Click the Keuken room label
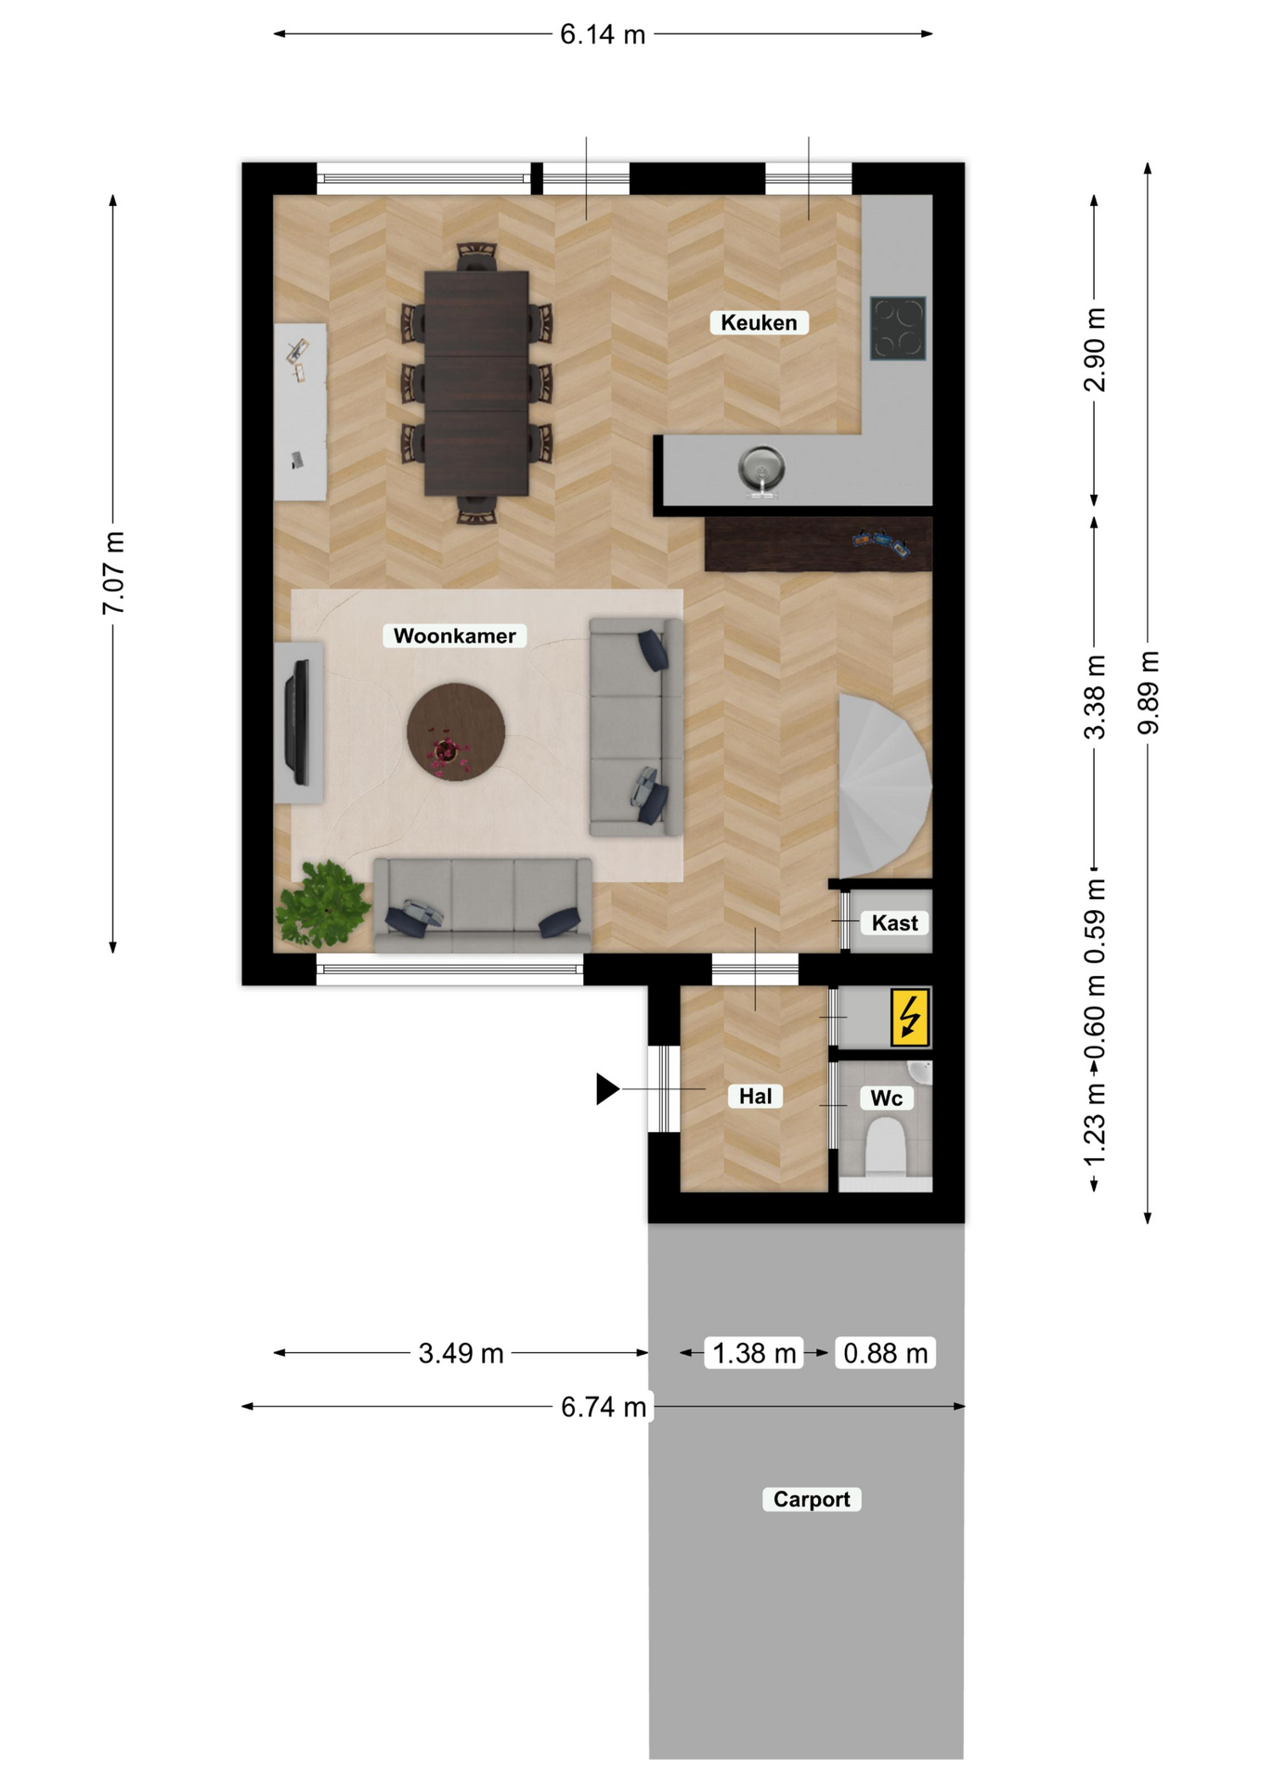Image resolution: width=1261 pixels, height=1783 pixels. pos(759,322)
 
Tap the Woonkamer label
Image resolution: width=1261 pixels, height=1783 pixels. pos(455,635)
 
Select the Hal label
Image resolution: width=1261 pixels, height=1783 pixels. pos(755,1096)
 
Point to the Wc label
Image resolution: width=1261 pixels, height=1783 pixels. pos(887,1098)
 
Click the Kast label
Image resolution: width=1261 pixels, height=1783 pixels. pos(894,922)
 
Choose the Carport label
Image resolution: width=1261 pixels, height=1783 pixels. pos(812,1499)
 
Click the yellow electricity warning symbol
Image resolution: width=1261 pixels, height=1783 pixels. pos(910,1017)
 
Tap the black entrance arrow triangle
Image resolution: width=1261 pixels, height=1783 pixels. pos(607,1088)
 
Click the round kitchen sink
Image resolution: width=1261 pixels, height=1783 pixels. pos(761,466)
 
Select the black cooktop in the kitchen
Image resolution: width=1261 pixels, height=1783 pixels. pos(898,328)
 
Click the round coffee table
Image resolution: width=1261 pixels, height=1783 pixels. pos(456,732)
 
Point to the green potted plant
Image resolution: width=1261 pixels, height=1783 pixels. pos(322,904)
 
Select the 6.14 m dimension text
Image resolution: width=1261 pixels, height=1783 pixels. pos(603,34)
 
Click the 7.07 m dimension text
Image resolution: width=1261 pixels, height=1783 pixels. pos(113,573)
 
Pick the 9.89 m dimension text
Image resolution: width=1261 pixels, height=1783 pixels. pos(1149,693)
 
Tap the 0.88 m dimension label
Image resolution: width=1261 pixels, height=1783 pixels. pos(886,1353)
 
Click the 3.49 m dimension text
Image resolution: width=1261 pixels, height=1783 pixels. pos(461,1353)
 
